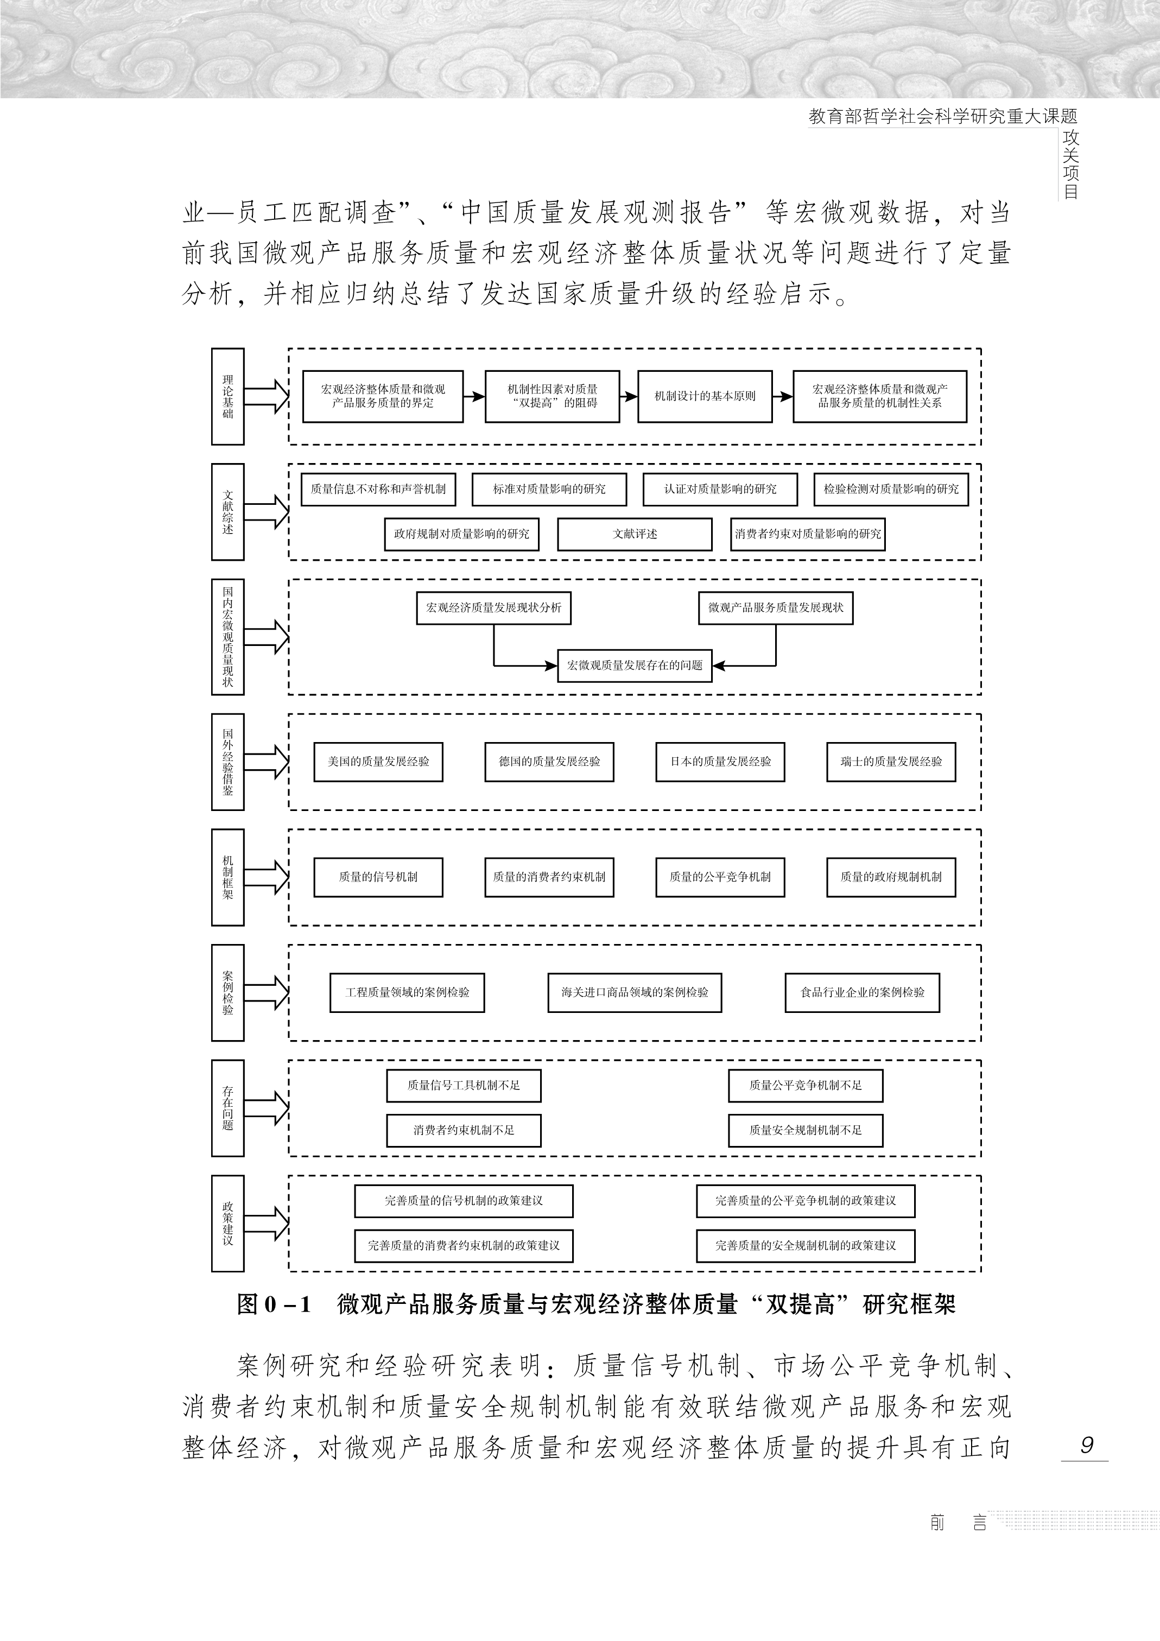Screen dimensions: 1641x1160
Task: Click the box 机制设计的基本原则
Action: coord(705,396)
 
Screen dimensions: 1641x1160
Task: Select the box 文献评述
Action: coord(635,534)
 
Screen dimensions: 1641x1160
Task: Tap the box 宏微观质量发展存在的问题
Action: coord(635,666)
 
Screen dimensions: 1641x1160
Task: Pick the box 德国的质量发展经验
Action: coord(549,762)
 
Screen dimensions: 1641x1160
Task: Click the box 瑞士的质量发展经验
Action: coord(891,762)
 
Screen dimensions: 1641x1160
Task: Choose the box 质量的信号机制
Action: coord(378,877)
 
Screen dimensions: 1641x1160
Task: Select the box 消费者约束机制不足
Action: coord(464,1131)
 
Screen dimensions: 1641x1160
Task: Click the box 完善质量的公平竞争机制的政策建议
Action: coord(806,1201)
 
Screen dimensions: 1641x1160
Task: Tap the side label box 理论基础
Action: coord(228,397)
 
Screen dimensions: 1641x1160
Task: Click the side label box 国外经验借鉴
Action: coord(228,762)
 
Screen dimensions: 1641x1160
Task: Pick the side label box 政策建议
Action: coord(228,1224)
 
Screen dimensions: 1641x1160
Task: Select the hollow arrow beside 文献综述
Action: coord(266,512)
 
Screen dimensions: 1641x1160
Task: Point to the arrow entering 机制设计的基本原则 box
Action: coord(628,396)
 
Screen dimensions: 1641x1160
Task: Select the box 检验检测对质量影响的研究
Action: coord(891,490)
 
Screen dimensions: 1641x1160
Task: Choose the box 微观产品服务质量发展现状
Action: coord(776,608)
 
